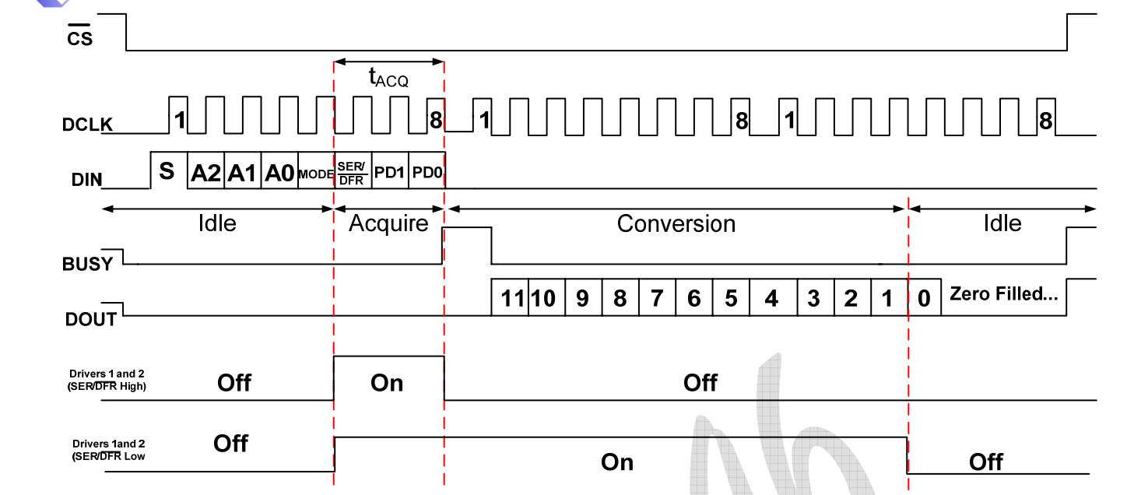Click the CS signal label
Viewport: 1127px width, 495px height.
point(79,38)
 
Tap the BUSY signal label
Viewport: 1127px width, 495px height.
point(87,265)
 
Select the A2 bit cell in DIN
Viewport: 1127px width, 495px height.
point(206,174)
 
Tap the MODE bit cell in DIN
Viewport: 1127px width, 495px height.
point(315,174)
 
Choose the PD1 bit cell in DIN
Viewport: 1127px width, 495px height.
point(390,173)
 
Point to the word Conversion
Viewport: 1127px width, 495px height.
point(676,224)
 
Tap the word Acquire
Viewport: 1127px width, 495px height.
point(388,224)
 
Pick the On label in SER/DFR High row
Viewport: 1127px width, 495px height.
point(387,383)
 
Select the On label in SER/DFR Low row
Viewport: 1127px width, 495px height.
point(617,462)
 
